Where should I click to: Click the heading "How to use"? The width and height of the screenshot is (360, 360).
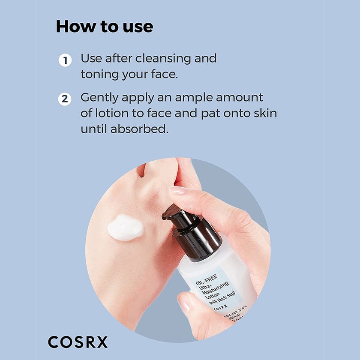click(x=104, y=27)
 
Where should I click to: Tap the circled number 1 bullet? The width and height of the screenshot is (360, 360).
click(x=65, y=60)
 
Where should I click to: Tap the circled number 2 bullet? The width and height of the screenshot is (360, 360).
click(x=65, y=99)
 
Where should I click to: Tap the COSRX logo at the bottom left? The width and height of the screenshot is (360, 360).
click(x=78, y=342)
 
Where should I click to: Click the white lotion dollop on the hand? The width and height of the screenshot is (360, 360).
click(x=125, y=227)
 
